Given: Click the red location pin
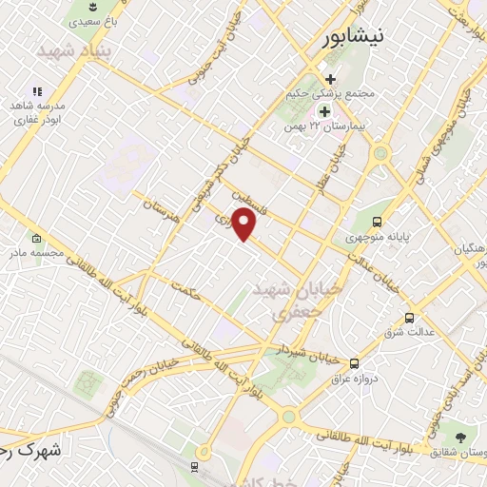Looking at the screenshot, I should click(244, 224).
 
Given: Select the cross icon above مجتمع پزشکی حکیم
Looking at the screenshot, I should click(330, 80).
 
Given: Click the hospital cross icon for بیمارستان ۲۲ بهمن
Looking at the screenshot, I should click(324, 111).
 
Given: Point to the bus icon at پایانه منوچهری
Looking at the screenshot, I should click(378, 222).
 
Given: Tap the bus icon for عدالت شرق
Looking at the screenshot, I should click(410, 318).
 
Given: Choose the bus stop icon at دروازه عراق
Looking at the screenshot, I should click(354, 362).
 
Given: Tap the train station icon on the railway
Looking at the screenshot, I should click(194, 466).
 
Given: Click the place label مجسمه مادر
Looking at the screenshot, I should click(36, 254).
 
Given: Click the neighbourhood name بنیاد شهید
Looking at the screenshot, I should click(74, 49).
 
